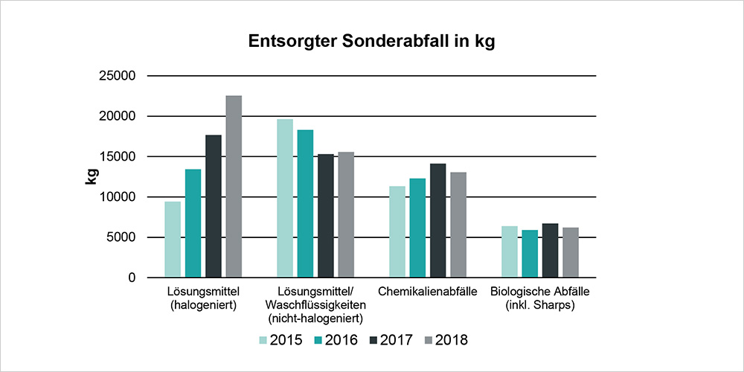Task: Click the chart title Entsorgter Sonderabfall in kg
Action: click(371, 42)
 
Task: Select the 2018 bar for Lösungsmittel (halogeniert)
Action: click(234, 186)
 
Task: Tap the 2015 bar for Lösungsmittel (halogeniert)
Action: click(173, 240)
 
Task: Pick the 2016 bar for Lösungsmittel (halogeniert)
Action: click(193, 223)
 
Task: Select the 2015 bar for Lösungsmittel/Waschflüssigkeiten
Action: click(285, 198)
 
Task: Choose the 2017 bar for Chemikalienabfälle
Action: click(438, 220)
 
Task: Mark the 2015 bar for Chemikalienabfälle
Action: click(397, 231)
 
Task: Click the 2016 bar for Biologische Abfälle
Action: click(530, 254)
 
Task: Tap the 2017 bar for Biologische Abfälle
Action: click(550, 251)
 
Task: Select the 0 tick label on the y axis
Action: click(131, 278)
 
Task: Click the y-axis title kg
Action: click(92, 176)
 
